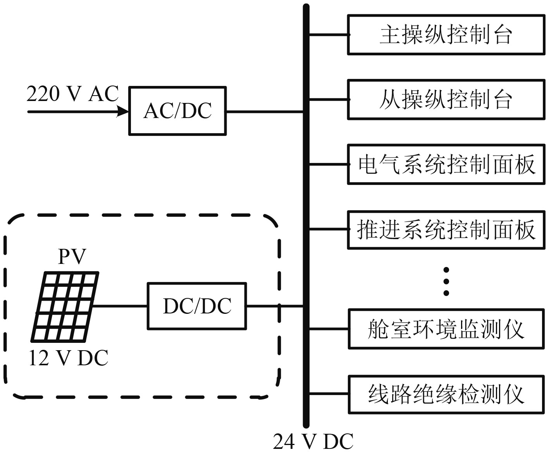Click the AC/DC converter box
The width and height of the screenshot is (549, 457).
click(x=177, y=111)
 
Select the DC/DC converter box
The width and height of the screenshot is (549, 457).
click(x=197, y=306)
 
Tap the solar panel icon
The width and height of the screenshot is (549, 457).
click(x=65, y=307)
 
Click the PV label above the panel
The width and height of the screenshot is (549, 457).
click(x=72, y=256)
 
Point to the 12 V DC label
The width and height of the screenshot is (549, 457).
click(x=68, y=358)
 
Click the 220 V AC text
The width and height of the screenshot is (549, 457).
click(x=72, y=94)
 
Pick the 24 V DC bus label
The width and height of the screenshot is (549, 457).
click(x=313, y=442)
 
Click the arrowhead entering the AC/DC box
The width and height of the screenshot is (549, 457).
click(x=123, y=112)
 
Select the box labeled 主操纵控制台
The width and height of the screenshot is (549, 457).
click(x=446, y=35)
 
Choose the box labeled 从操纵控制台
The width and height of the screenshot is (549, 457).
click(x=446, y=99)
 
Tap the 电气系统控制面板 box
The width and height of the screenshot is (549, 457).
click(x=446, y=164)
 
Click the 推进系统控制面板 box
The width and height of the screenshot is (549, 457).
click(x=446, y=229)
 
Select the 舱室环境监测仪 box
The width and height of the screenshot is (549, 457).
click(x=446, y=329)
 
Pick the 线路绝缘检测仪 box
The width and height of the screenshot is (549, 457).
click(x=446, y=394)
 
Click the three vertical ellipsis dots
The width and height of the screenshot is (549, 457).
click(x=446, y=281)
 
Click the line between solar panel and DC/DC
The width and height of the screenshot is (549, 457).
click(x=120, y=306)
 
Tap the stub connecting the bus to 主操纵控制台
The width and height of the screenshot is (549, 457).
click(x=329, y=35)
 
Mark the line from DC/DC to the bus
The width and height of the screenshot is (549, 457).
click(x=274, y=306)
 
